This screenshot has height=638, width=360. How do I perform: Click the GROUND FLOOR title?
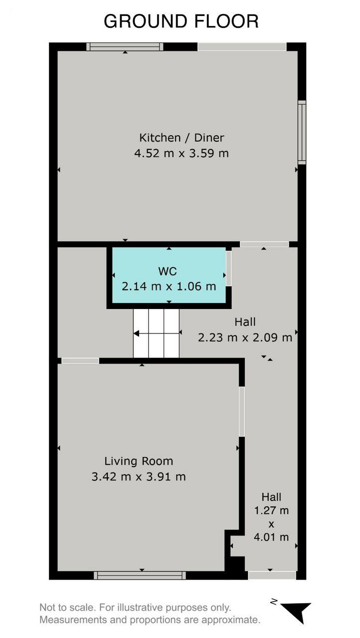pyautogui.click(x=181, y=21)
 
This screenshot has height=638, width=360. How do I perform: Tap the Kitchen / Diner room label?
pyautogui.click(x=181, y=138)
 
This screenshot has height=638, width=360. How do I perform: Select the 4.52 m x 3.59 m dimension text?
pyautogui.click(x=181, y=154)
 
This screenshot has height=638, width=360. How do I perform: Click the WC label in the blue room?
pyautogui.click(x=168, y=271)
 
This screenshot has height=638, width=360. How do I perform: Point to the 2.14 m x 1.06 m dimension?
pyautogui.click(x=169, y=286)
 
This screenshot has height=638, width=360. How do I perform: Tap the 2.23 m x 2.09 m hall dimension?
pyautogui.click(x=245, y=337)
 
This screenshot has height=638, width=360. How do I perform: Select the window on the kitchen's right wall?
pyautogui.click(x=302, y=133)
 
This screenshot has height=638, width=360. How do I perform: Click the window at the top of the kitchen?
pyautogui.click(x=125, y=47)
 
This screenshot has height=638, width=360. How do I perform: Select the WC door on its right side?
pyautogui.click(x=228, y=268)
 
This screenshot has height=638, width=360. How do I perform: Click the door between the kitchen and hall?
pyautogui.click(x=264, y=244)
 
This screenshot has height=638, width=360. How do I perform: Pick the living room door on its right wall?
pyautogui.click(x=242, y=411)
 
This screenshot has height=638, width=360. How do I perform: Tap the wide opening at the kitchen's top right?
pyautogui.click(x=242, y=47)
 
